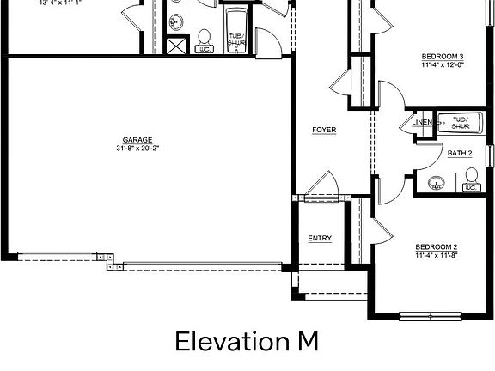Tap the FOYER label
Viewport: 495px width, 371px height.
[x=324, y=130]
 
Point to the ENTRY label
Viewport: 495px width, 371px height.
[x=320, y=238]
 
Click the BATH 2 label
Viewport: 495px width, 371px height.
[x=460, y=154]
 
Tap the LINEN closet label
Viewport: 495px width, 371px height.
[x=422, y=123]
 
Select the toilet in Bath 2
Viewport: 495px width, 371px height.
[x=471, y=179]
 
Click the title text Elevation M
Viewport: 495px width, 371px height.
[x=247, y=342]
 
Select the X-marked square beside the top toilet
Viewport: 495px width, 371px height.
[x=176, y=46]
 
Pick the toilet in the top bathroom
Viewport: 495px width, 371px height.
[x=205, y=40]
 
